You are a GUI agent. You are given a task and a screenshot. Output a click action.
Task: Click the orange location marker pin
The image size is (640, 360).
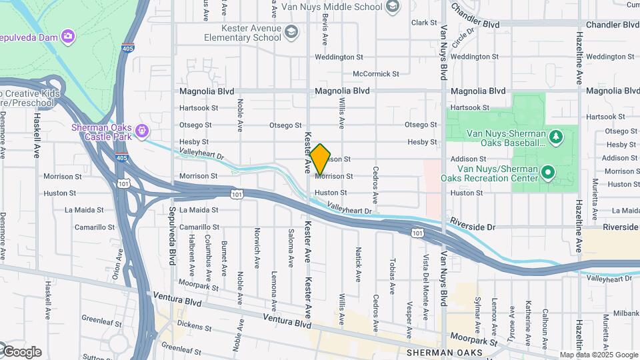(x=320, y=159)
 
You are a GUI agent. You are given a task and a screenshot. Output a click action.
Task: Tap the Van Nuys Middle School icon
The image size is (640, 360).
(x=393, y=7)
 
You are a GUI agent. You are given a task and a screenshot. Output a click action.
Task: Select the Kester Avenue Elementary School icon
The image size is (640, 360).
(x=291, y=32)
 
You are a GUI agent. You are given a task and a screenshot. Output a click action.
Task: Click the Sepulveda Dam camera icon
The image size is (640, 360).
(x=67, y=35)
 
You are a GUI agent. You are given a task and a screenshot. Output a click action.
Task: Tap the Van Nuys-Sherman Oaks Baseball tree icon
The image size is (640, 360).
(x=557, y=137)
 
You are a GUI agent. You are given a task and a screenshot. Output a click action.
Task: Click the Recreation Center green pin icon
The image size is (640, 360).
(x=548, y=173)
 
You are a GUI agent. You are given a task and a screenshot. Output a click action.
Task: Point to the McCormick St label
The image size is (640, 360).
(x=376, y=74)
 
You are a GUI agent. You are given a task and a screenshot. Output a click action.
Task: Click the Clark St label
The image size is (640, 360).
(x=424, y=23)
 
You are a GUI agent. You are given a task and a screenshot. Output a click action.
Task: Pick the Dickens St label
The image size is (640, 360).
(x=195, y=328)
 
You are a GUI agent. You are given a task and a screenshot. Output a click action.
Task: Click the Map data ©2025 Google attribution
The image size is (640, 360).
(x=599, y=355)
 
